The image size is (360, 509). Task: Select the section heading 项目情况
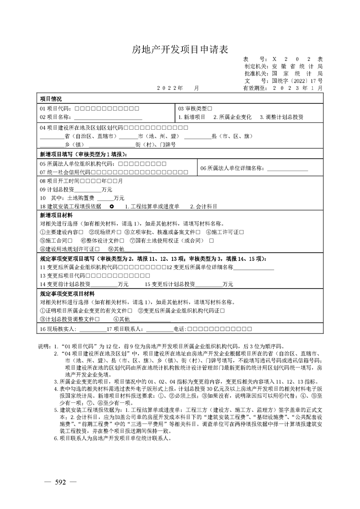click(51, 98)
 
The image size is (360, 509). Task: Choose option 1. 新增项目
click(192, 117)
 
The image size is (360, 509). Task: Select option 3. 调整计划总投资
click(281, 117)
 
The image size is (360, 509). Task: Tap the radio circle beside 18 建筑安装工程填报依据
click(112, 206)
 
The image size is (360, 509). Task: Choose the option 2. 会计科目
click(204, 206)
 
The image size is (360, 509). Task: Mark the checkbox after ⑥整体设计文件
click(121, 240)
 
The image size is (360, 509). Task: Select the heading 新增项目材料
click(54, 215)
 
